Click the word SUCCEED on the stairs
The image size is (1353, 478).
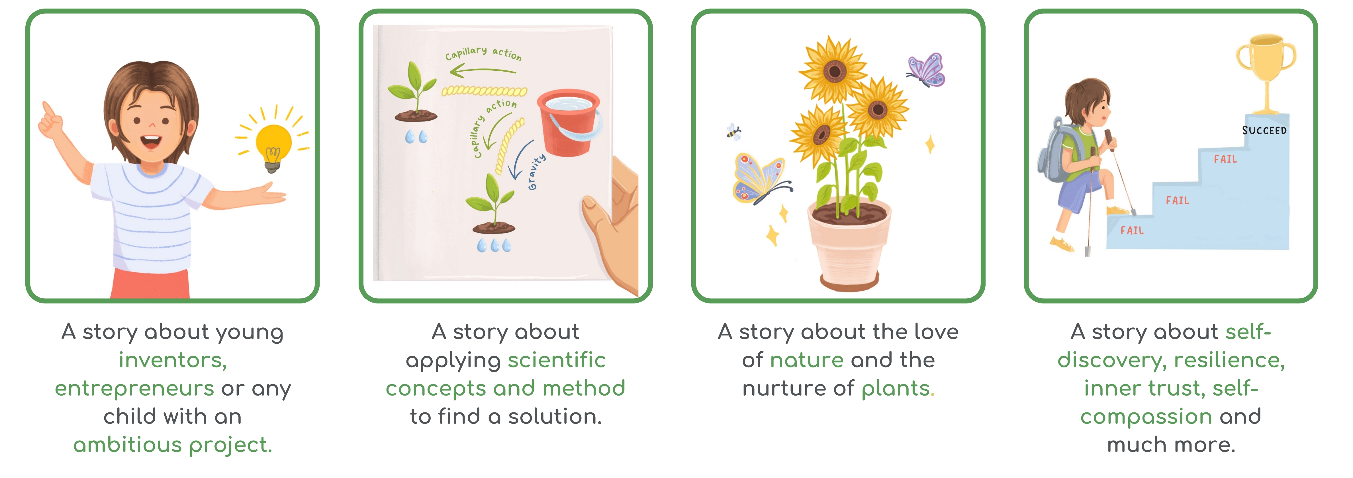(x=1264, y=130)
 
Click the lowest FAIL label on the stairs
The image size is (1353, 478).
(x=1132, y=230)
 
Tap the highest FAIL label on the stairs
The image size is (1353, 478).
(x=1225, y=159)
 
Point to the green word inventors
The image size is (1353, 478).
(x=173, y=360)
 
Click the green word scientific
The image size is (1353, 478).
(x=557, y=360)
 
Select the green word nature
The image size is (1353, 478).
(x=807, y=360)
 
